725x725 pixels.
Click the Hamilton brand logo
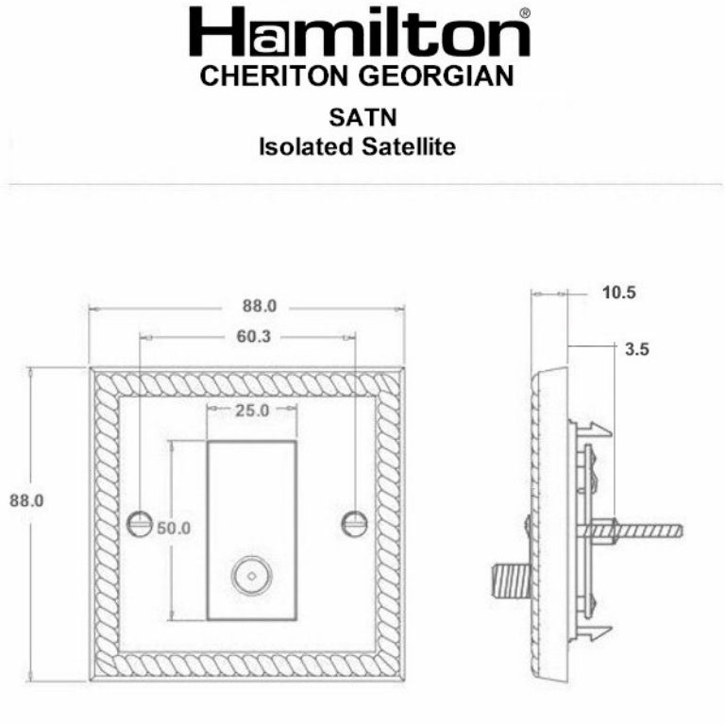click(x=359, y=34)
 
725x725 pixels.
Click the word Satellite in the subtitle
click(x=411, y=146)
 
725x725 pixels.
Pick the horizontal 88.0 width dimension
click(x=259, y=306)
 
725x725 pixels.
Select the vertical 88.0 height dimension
click(x=27, y=500)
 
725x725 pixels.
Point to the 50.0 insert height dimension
click(x=173, y=529)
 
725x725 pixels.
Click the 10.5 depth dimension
click(x=619, y=293)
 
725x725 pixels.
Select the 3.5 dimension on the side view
click(x=637, y=348)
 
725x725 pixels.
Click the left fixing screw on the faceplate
click(x=140, y=520)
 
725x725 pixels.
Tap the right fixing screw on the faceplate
click(x=355, y=520)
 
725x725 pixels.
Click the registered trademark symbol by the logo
click(x=525, y=12)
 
